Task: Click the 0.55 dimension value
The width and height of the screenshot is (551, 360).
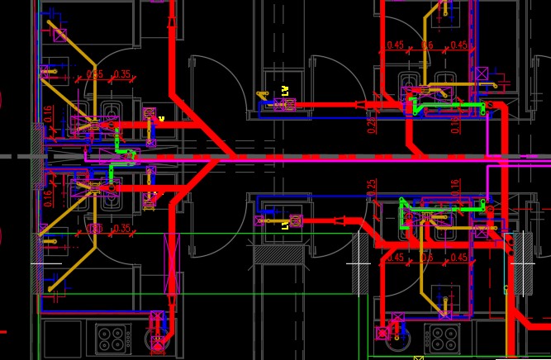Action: (95, 74)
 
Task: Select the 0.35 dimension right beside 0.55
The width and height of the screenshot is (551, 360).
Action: (121, 74)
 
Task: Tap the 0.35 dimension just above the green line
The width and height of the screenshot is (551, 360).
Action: (121, 228)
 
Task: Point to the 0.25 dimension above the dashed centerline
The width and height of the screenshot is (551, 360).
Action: (372, 123)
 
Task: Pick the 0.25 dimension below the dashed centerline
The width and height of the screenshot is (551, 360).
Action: (372, 188)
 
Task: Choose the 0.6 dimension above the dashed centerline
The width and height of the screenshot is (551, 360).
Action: (427, 45)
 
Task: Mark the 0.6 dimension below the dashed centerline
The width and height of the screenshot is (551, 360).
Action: (427, 258)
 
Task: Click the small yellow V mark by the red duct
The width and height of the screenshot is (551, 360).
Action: (162, 119)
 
